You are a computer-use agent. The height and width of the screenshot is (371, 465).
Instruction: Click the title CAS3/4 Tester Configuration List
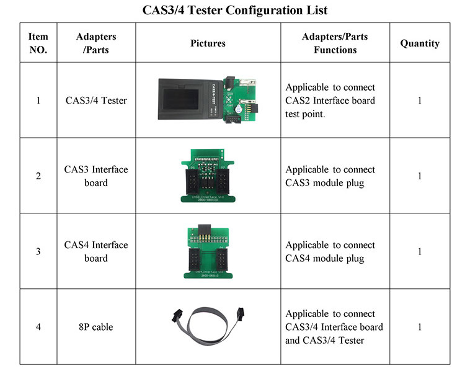coord(232,11)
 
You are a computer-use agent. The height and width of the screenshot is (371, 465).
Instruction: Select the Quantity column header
coord(420,43)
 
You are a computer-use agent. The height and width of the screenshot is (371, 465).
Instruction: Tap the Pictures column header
coord(208,43)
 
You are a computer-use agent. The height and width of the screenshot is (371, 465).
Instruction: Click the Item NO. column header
coord(38,43)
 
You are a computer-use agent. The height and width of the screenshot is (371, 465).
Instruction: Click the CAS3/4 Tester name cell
coord(96,101)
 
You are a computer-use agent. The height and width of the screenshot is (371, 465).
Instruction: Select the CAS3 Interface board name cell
coord(96,176)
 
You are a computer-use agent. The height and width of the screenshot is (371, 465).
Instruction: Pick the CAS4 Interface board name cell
coord(96,251)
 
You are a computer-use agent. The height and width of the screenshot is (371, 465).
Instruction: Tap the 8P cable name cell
coord(96,326)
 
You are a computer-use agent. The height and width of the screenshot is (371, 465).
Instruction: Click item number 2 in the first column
coord(38,176)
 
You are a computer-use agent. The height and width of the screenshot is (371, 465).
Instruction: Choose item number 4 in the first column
coord(38,326)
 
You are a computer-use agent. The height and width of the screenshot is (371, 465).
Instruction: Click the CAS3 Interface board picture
coord(208,176)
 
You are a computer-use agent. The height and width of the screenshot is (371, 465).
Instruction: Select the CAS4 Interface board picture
coord(208,251)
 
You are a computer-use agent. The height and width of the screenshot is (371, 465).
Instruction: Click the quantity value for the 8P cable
coord(420,326)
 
